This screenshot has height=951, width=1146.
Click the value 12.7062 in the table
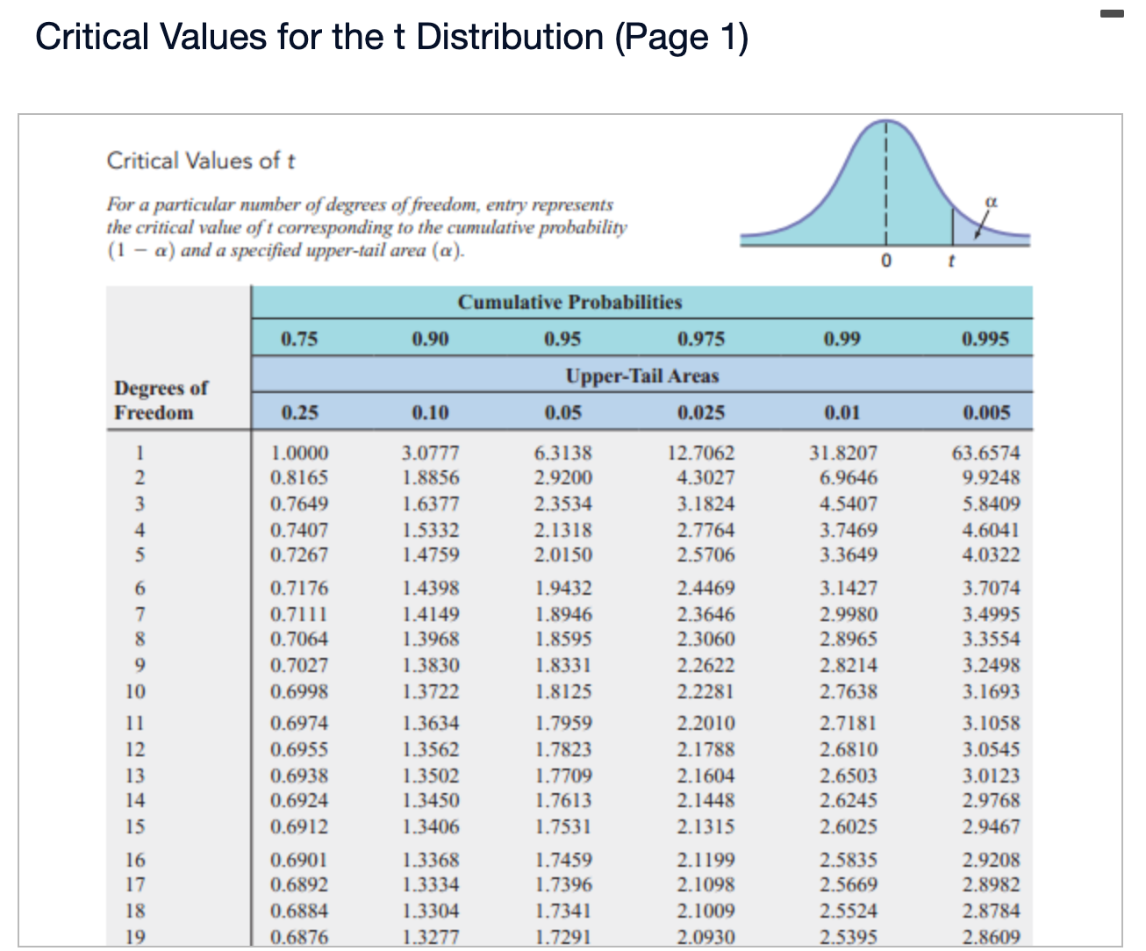(x=701, y=454)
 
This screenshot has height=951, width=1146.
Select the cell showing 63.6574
(x=986, y=454)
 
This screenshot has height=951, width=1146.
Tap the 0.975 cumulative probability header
(x=701, y=339)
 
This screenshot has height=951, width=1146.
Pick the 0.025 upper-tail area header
(x=701, y=412)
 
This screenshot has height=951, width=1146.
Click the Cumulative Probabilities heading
(x=569, y=302)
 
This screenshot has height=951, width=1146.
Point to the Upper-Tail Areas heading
(x=641, y=375)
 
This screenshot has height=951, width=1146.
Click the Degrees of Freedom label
(x=161, y=400)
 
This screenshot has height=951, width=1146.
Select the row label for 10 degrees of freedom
(x=135, y=691)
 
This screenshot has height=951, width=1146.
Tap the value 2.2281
(x=706, y=691)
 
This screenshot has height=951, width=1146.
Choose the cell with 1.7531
(x=563, y=826)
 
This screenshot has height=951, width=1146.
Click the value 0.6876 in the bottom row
(x=299, y=937)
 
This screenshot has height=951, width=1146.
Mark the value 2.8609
(x=992, y=937)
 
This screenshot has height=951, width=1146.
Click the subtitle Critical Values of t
(x=201, y=161)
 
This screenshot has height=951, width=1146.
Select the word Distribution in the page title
(x=510, y=37)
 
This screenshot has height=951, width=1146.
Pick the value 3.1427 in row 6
(x=849, y=588)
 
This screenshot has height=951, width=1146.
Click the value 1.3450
(x=431, y=800)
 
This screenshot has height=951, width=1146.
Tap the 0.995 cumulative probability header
(x=985, y=339)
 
